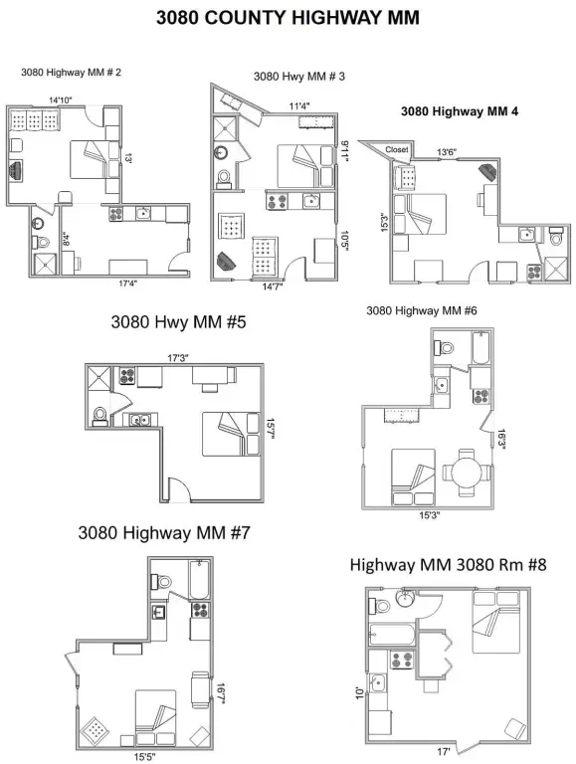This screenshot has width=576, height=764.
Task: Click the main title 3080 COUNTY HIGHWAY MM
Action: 288,17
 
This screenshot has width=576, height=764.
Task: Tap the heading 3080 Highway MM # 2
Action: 71,73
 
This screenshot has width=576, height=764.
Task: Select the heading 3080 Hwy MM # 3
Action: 298,76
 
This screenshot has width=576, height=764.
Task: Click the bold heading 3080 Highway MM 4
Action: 459,112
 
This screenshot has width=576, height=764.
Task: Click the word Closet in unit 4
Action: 397,149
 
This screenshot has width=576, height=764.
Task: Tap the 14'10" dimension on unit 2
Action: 62,99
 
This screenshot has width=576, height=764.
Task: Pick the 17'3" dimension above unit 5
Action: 179,357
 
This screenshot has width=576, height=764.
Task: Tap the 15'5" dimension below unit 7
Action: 145,756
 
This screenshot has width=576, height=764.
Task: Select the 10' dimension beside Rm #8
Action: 360,689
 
